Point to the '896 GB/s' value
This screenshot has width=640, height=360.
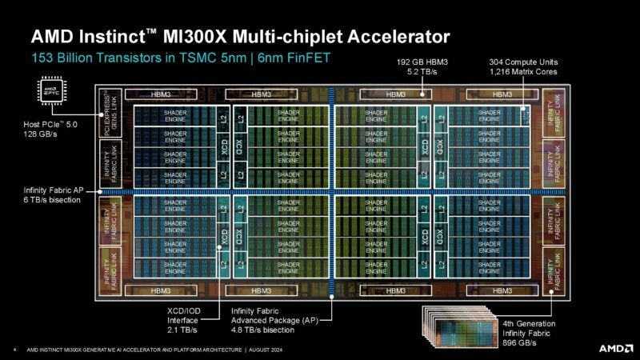(519, 342)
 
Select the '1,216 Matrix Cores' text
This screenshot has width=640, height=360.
(523, 72)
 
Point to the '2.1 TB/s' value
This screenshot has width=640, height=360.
(173, 329)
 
